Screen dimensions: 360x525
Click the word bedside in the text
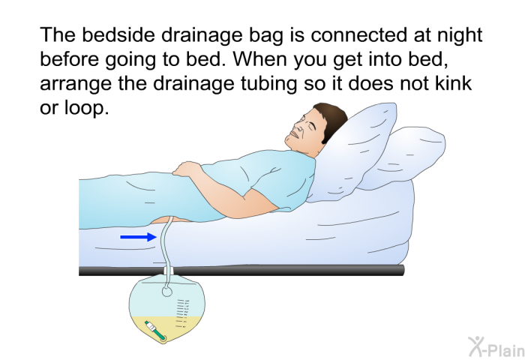[x=118, y=36]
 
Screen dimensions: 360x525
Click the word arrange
[x=76, y=84]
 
